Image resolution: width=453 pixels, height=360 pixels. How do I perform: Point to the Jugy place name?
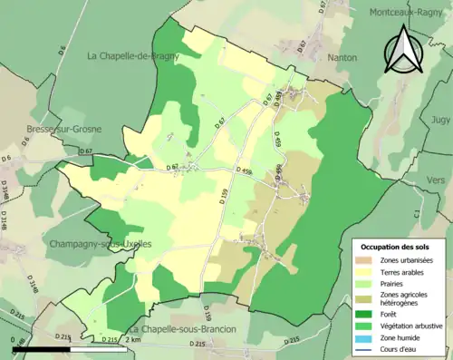click(441, 119)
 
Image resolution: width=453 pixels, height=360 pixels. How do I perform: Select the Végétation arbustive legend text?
click(415, 326)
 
